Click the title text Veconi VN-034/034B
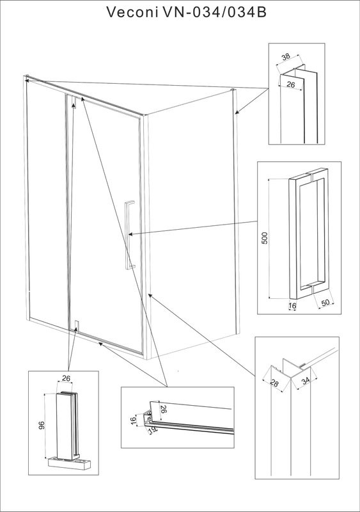click(x=186, y=12)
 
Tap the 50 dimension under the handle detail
click(x=325, y=303)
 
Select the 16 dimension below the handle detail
click(x=292, y=306)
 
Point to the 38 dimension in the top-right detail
click(x=286, y=56)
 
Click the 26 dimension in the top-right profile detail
click(x=290, y=84)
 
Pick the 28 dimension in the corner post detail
click(x=274, y=383)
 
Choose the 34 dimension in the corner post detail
click(x=306, y=381)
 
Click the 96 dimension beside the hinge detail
click(x=41, y=425)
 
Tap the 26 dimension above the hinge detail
click(x=67, y=378)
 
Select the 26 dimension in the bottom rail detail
click(x=164, y=409)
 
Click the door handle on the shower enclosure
click(x=129, y=235)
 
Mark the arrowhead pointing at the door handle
click(x=130, y=234)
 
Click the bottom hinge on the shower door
click(x=76, y=326)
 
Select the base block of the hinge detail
click(x=69, y=461)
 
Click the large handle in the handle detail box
click(x=309, y=234)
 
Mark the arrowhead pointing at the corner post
click(x=150, y=296)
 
